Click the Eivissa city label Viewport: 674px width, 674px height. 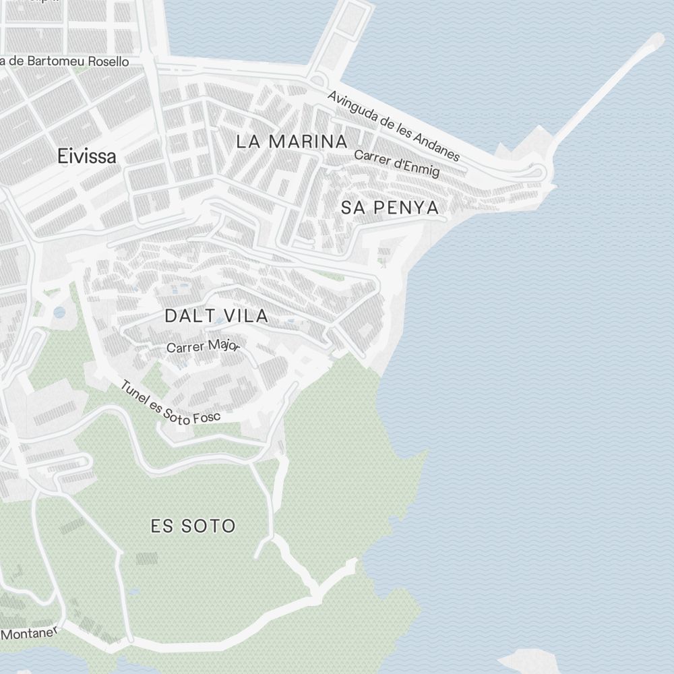point(87,156)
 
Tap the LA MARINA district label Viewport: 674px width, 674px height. point(292,142)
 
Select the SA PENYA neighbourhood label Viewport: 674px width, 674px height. point(390,208)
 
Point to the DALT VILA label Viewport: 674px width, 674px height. point(216,315)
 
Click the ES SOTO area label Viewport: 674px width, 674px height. point(193,526)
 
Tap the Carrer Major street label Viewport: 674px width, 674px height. point(203,346)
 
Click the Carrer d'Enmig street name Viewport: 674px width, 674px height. point(396,162)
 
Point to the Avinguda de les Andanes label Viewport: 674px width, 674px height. point(394,126)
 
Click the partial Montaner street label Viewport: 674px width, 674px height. point(30,633)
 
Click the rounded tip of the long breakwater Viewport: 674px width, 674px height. point(655,41)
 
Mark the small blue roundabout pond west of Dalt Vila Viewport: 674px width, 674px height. point(59,312)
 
